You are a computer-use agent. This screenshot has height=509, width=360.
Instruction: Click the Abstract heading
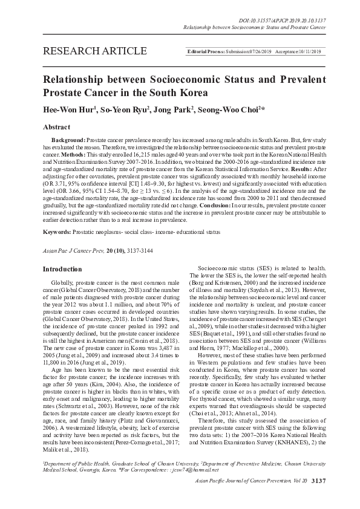coord(56,128)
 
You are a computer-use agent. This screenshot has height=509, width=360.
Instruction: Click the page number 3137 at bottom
coord(317,497)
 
